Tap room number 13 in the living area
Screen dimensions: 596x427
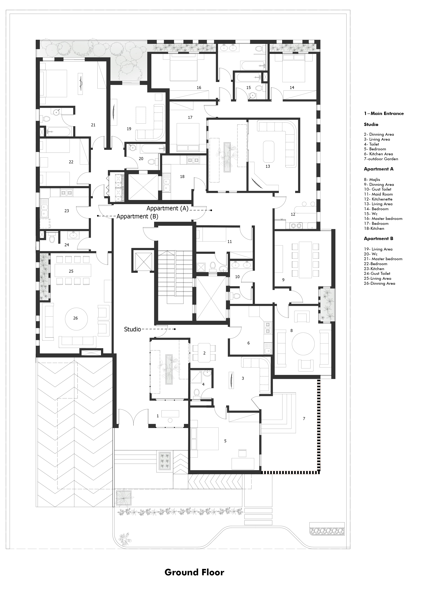[x=268, y=166]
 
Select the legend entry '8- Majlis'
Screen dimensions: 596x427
[x=372, y=179]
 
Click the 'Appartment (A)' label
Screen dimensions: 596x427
[x=167, y=208]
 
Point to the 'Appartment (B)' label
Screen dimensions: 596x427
[x=137, y=216]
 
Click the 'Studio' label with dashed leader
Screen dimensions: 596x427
[x=132, y=329]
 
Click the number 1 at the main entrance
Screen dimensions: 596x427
[x=157, y=416]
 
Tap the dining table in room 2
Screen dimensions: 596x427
[x=204, y=353]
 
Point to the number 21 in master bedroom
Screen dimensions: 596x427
[x=93, y=125]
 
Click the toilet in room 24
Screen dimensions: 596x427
[x=52, y=239]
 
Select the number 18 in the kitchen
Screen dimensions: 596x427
[x=182, y=177]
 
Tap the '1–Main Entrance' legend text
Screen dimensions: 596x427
[x=383, y=114]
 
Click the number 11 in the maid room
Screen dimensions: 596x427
[x=229, y=242]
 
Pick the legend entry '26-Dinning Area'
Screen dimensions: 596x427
[x=379, y=283]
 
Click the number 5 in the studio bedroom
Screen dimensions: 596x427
[x=225, y=441]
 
